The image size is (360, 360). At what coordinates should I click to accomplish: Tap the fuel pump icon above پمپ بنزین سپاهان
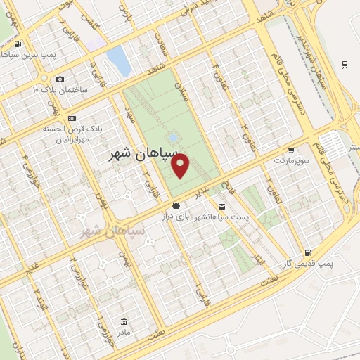[16, 44]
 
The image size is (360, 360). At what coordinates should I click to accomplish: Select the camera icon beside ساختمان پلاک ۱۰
[60, 79]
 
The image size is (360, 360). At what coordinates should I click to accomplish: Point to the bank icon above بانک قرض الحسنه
[73, 118]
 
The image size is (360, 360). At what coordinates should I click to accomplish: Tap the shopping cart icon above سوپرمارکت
[291, 150]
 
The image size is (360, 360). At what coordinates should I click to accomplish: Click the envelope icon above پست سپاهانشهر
[222, 206]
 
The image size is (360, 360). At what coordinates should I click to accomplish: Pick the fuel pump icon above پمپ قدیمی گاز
[307, 253]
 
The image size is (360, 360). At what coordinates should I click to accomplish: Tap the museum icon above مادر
[124, 321]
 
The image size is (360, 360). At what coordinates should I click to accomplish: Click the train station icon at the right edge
[345, 65]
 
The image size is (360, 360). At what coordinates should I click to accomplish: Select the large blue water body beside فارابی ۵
[119, 60]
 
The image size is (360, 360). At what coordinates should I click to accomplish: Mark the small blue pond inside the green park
[172, 136]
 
